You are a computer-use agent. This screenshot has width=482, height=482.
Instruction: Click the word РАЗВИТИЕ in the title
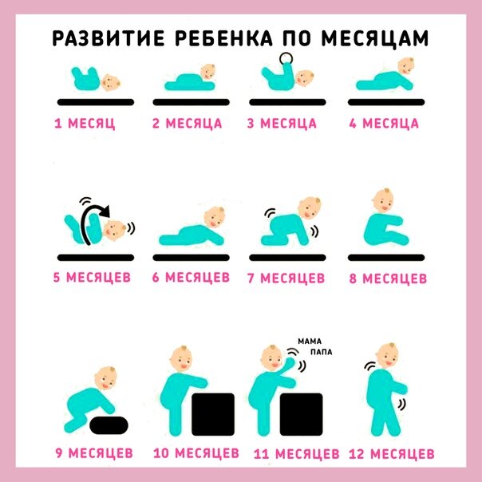109,38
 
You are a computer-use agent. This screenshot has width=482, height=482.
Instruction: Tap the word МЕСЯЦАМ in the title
375,38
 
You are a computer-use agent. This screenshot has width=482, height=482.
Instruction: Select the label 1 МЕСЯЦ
85,123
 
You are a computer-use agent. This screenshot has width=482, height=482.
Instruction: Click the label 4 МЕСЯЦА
384,123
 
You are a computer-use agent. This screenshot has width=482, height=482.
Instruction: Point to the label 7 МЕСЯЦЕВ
286,278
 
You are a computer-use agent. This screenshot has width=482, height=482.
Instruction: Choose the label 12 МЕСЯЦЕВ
391,454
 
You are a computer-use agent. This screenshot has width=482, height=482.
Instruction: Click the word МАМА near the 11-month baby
310,342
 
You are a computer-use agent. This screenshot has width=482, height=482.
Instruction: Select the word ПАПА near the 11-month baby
322,352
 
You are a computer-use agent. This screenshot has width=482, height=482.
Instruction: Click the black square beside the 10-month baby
213,414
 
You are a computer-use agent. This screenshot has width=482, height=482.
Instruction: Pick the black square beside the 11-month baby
302,414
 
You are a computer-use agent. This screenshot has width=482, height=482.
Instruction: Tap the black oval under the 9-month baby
109,425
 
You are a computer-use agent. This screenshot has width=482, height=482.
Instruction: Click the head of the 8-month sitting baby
383,200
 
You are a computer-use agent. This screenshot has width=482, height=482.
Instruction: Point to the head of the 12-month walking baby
387,355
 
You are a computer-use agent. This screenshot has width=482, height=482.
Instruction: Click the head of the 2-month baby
208,72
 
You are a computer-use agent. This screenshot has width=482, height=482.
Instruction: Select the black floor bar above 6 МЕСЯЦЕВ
192,258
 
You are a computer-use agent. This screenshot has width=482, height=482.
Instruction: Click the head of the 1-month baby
111,82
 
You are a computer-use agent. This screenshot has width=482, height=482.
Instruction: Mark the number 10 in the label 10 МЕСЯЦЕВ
161,453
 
